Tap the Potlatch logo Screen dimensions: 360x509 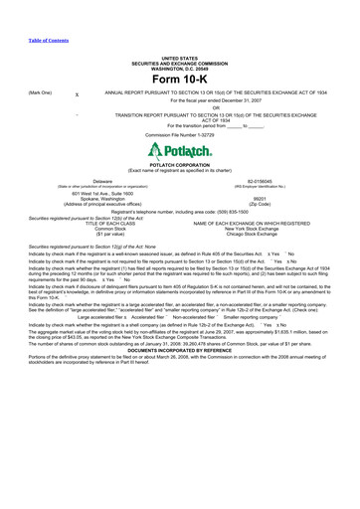[x=179, y=152]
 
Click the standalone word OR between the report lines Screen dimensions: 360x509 [x=179, y=108]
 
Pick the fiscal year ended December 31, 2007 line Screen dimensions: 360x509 [x=179, y=100]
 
